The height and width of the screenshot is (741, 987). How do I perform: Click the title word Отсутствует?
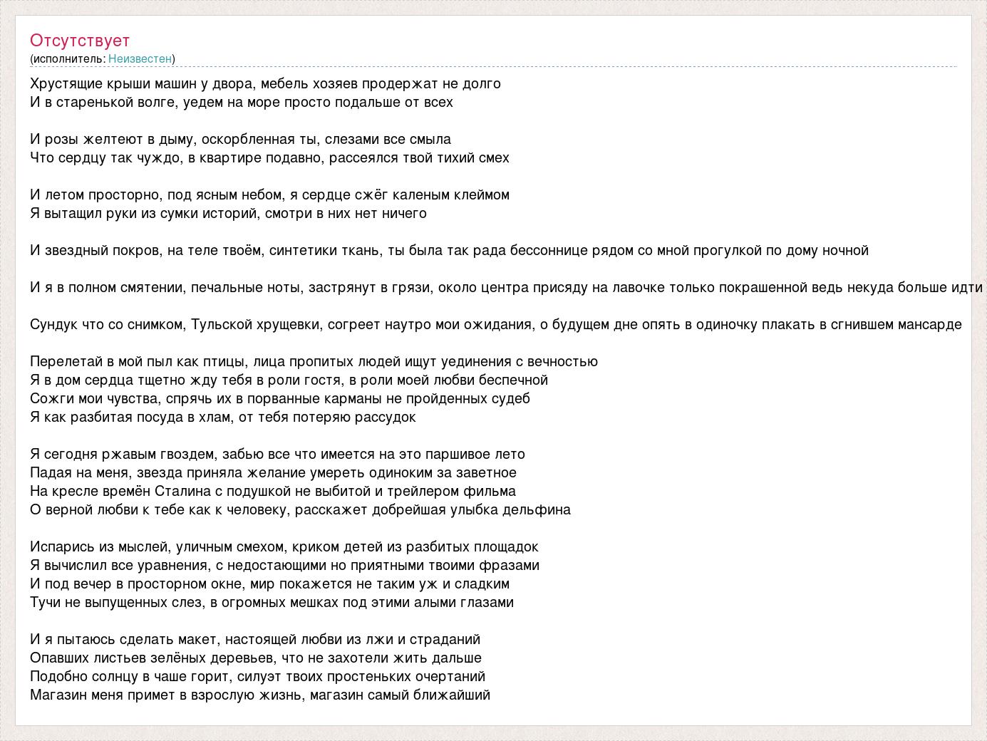[x=80, y=41]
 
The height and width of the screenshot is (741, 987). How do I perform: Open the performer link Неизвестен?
[x=140, y=58]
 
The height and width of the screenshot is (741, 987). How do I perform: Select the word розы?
[x=63, y=140]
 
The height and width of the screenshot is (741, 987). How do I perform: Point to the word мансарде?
[x=926, y=325]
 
